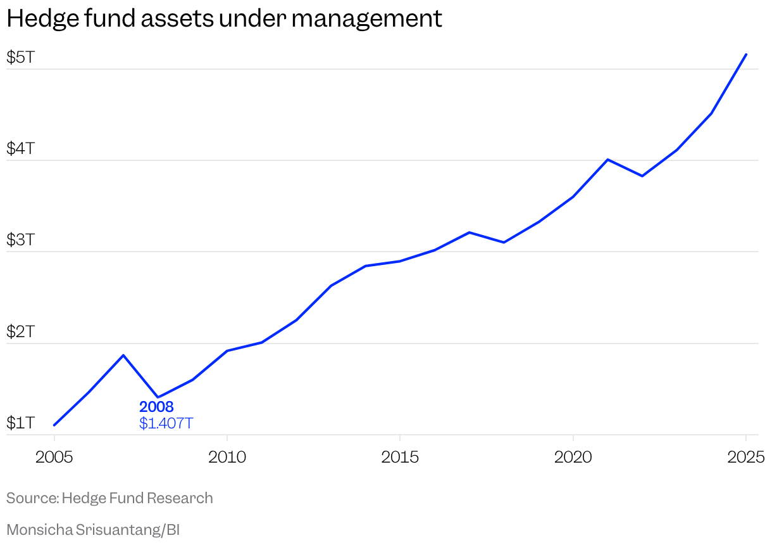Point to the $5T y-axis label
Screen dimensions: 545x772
[20, 58]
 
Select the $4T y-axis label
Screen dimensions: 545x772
[20, 149]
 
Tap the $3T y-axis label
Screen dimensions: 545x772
[20, 240]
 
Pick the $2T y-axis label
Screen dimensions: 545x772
[20, 331]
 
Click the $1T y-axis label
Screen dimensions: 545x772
[20, 423]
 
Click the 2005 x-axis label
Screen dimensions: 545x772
[54, 456]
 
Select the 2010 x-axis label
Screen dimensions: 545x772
[227, 456]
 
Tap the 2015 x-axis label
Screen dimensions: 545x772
[400, 456]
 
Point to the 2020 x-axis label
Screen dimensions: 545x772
[573, 456]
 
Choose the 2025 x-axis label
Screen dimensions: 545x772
[745, 456]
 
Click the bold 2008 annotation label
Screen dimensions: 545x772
[156, 407]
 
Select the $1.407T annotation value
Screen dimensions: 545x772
[166, 423]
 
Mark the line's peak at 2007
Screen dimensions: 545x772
[123, 355]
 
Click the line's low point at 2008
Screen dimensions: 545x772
[158, 397]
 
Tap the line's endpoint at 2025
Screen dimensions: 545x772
[746, 54]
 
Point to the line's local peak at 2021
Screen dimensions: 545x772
[607, 160]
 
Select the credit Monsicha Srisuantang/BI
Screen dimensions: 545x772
[92, 530]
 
